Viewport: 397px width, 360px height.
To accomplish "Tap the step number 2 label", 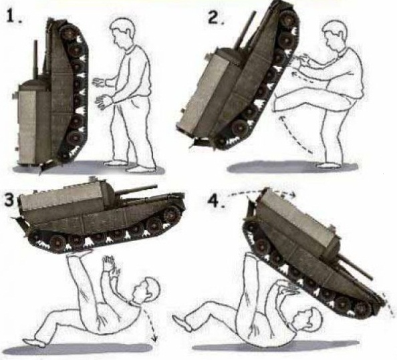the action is click(216, 17).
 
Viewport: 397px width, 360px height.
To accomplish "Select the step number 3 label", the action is click(9, 200).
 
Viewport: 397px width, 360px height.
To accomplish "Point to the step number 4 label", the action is click(217, 200).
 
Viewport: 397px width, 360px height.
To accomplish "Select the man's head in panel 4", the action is click(307, 319).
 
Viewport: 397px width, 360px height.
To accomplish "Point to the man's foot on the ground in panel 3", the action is click(34, 341).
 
